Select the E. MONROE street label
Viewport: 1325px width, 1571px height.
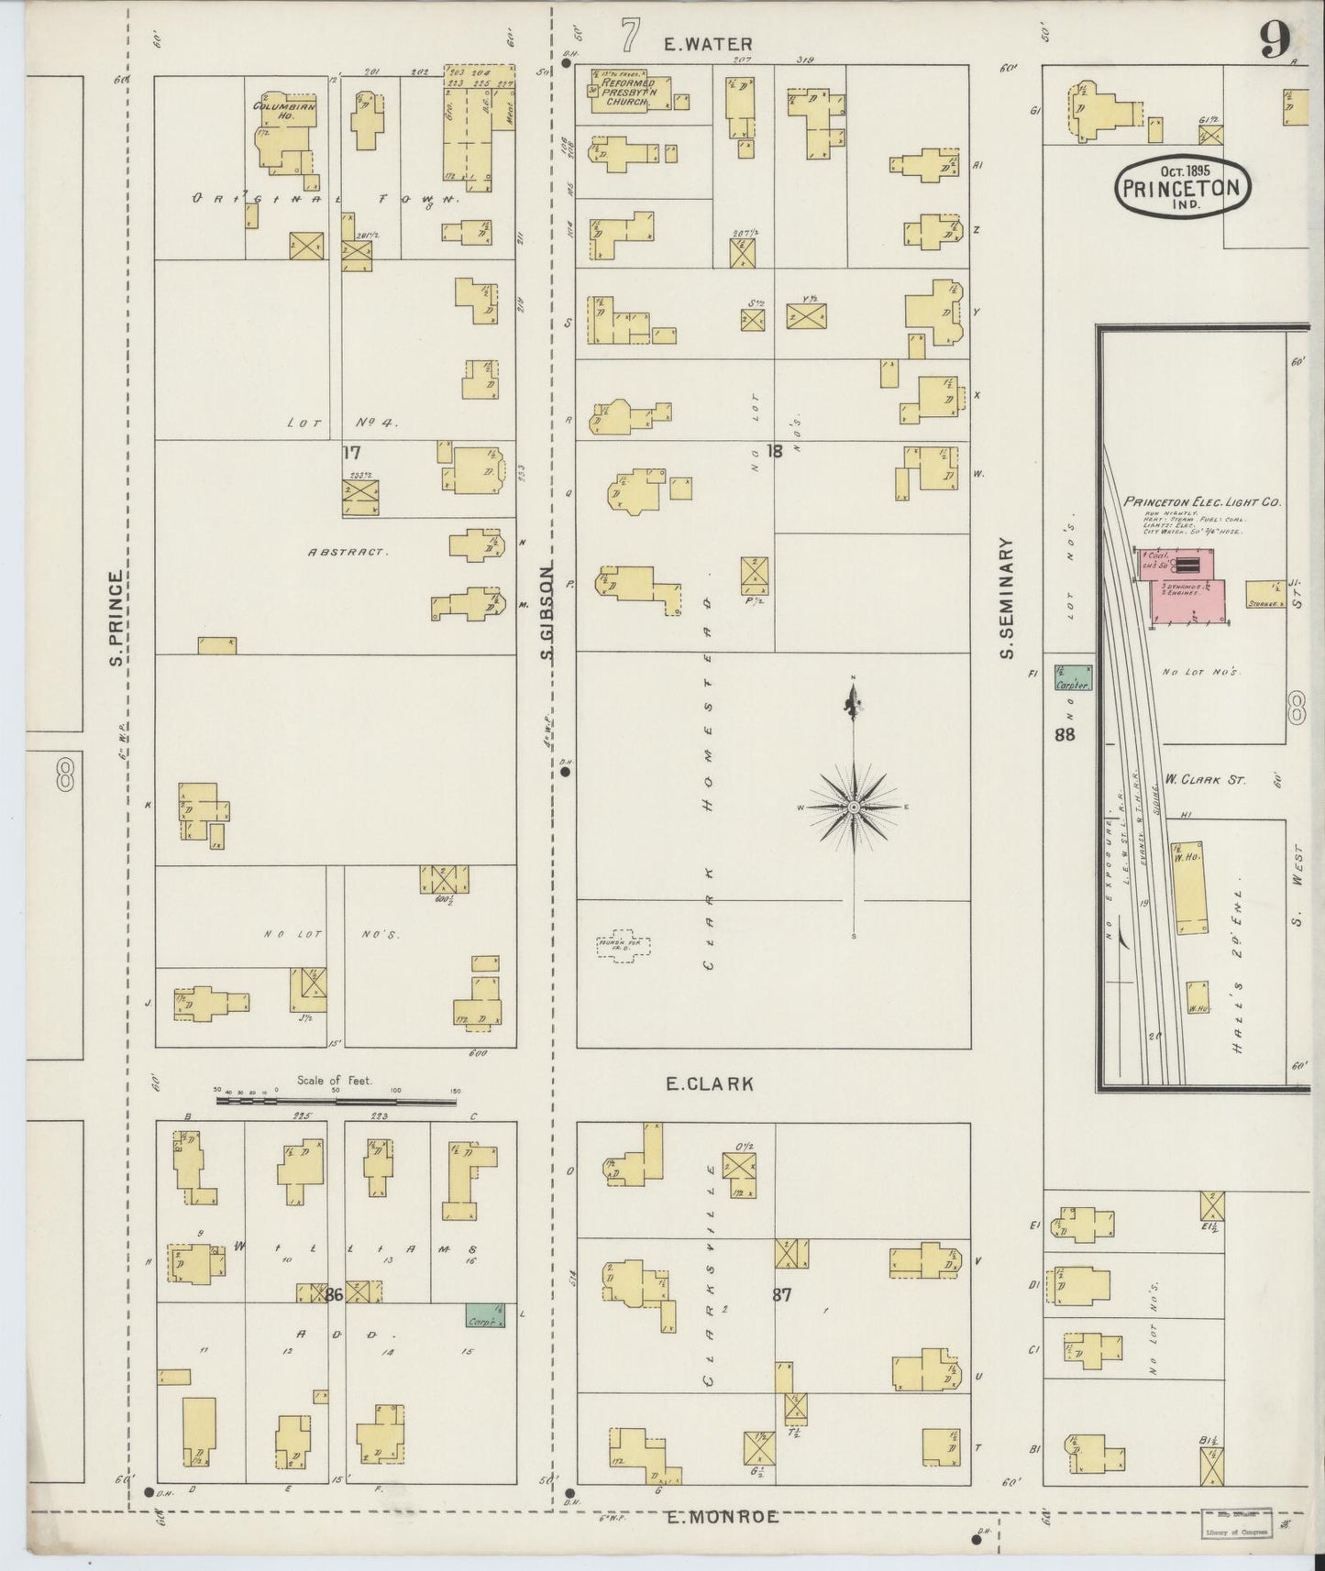point(722,1517)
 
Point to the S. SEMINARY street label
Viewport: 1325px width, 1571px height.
point(1007,597)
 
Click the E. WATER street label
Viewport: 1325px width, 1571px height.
point(709,43)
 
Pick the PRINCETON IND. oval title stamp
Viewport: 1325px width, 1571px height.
point(1182,187)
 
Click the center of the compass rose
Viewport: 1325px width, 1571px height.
point(854,807)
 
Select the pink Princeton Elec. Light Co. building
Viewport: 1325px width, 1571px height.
point(1183,587)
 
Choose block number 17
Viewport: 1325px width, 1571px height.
point(351,452)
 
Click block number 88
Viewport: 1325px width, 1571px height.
point(1065,734)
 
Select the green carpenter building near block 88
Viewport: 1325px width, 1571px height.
point(1072,678)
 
